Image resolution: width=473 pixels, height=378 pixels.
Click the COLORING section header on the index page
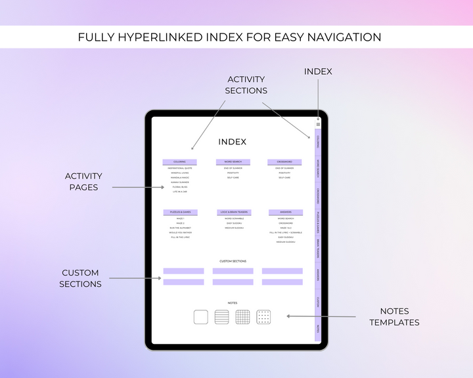(x=179, y=161)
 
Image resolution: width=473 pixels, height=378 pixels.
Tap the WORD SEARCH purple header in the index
(x=233, y=161)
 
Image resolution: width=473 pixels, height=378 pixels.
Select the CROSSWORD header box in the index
(x=284, y=161)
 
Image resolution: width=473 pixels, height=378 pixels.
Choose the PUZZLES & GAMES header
(x=180, y=213)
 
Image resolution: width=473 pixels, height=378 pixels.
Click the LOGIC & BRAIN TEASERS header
(x=234, y=213)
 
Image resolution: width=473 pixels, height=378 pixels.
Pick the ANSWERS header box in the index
(x=286, y=213)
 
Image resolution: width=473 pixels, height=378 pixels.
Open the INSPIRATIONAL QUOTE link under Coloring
(x=179, y=168)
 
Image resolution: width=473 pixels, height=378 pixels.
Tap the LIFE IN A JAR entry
(x=179, y=192)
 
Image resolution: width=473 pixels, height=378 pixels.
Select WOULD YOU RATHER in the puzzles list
(x=180, y=232)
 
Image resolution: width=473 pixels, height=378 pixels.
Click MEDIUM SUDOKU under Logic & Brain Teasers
(x=234, y=228)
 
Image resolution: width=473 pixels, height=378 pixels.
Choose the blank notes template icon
(x=201, y=317)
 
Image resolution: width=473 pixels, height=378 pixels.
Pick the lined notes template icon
(x=222, y=317)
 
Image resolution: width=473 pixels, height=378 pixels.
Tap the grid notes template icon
(x=243, y=317)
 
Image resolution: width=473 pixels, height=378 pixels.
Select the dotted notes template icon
(x=264, y=317)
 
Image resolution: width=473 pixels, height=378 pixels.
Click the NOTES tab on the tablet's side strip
(x=318, y=328)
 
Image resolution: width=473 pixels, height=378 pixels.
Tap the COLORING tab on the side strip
(x=318, y=141)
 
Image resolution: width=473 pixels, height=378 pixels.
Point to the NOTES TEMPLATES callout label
(x=394, y=316)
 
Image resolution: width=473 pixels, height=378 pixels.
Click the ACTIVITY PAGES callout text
(x=83, y=181)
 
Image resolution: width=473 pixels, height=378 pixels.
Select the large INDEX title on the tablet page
(x=233, y=142)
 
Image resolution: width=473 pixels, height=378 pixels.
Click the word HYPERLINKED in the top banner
(x=170, y=37)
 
